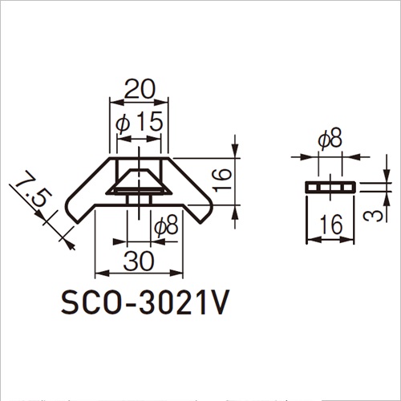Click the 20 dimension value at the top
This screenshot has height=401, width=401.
click(140, 89)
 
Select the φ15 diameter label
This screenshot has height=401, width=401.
click(140, 122)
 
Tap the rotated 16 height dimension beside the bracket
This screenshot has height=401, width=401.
click(222, 180)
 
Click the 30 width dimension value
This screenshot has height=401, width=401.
click(139, 261)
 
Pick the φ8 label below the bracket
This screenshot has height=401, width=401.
click(166, 227)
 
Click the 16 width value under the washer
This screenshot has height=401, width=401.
click(331, 225)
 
